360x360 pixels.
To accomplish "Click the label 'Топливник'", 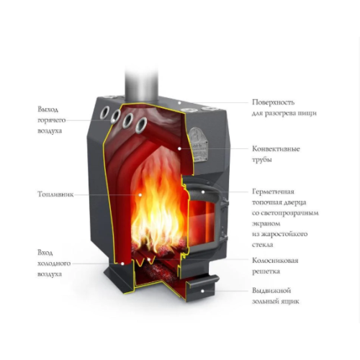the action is click(x=55, y=194).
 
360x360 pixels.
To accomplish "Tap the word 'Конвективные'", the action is click(x=276, y=149).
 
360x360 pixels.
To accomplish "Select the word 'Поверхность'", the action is click(x=273, y=102).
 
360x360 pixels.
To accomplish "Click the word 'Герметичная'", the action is click(x=273, y=192).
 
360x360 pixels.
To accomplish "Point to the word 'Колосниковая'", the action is click(x=275, y=261).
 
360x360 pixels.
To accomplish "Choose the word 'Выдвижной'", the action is click(x=271, y=291).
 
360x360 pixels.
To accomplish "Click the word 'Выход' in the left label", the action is click(x=48, y=109).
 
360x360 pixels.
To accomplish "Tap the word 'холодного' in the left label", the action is click(x=54, y=264).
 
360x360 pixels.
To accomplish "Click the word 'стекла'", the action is click(x=263, y=245).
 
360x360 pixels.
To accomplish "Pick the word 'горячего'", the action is click(x=52, y=120).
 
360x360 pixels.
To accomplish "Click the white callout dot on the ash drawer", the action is click(x=202, y=291).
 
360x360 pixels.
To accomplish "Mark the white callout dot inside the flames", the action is click(x=140, y=194).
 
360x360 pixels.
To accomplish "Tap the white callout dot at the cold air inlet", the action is click(x=122, y=264).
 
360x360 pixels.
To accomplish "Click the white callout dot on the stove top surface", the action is click(x=179, y=103).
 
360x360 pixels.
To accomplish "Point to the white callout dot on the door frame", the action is click(x=203, y=192).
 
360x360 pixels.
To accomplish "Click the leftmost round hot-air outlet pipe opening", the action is click(x=104, y=112).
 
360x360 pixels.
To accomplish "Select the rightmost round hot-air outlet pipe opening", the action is click(x=141, y=125).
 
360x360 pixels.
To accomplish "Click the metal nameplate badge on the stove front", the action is click(x=198, y=144).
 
